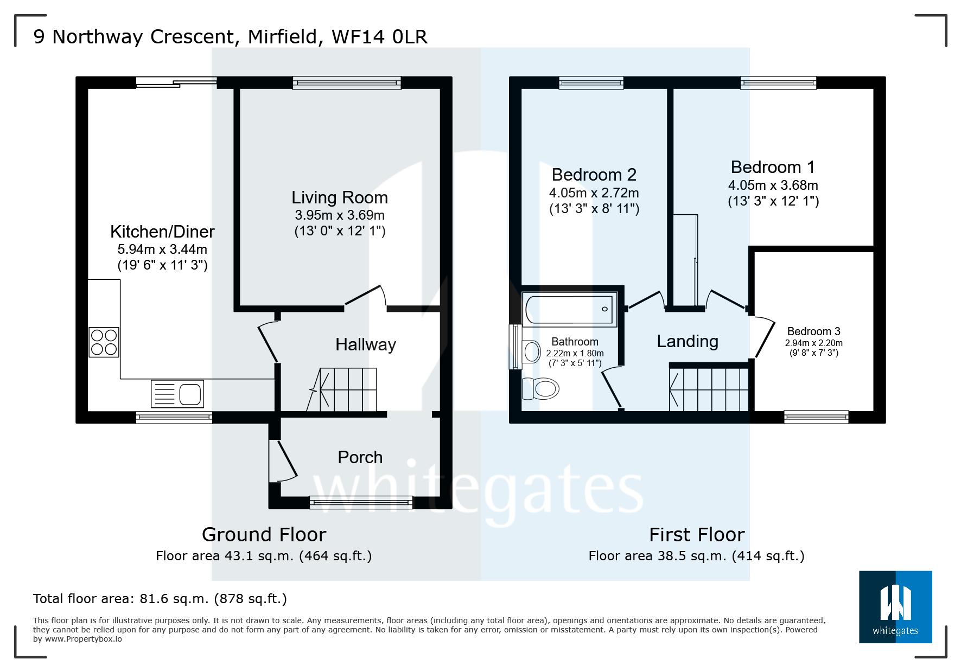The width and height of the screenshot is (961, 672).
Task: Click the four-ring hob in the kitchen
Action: coord(104,342)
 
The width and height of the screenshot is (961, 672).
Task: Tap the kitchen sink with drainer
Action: coord(177,394)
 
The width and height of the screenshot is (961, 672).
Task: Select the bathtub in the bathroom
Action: coord(569,309)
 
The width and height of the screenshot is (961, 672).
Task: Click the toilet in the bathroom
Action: coord(542,388)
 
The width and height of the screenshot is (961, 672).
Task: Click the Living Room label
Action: coord(340,197)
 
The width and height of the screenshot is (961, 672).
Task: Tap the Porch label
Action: coord(360,457)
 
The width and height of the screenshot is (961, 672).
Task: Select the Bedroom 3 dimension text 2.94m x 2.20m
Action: coord(813,343)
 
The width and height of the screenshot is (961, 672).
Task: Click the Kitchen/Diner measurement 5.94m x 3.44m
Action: coord(162,249)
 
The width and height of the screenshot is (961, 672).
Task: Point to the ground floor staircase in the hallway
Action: coord(347,389)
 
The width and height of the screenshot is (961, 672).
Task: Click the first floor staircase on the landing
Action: coord(709,389)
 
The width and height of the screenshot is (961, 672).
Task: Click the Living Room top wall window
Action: coord(347,82)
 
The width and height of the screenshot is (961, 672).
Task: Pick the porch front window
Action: coord(361,503)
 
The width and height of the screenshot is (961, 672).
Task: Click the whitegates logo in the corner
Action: coord(895,607)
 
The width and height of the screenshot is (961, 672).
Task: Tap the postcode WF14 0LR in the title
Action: coord(379,37)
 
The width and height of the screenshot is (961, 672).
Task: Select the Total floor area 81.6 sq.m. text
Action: coord(160,599)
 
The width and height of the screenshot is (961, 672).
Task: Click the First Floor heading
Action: coord(697,535)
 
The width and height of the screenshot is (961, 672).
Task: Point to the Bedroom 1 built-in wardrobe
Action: coord(685,260)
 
